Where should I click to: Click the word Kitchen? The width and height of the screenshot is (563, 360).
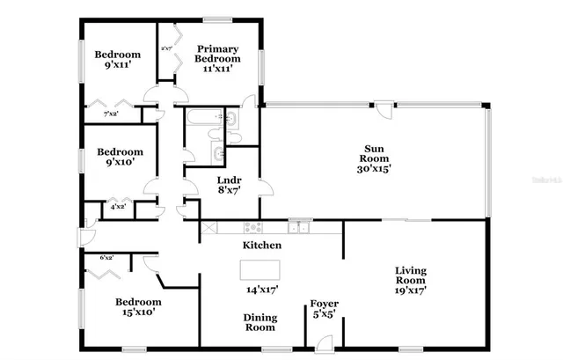click(261, 246)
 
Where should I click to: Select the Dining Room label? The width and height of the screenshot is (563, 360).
click(261, 322)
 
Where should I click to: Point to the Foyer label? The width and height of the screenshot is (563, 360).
click(324, 305)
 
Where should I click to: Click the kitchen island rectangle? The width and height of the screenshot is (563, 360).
click(260, 268)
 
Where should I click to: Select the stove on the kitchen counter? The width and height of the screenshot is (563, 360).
click(209, 227)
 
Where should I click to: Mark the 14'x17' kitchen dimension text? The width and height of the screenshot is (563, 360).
click(261, 288)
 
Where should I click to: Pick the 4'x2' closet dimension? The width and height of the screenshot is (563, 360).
click(117, 207)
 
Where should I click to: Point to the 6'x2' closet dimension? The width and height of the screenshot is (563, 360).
click(107, 258)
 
